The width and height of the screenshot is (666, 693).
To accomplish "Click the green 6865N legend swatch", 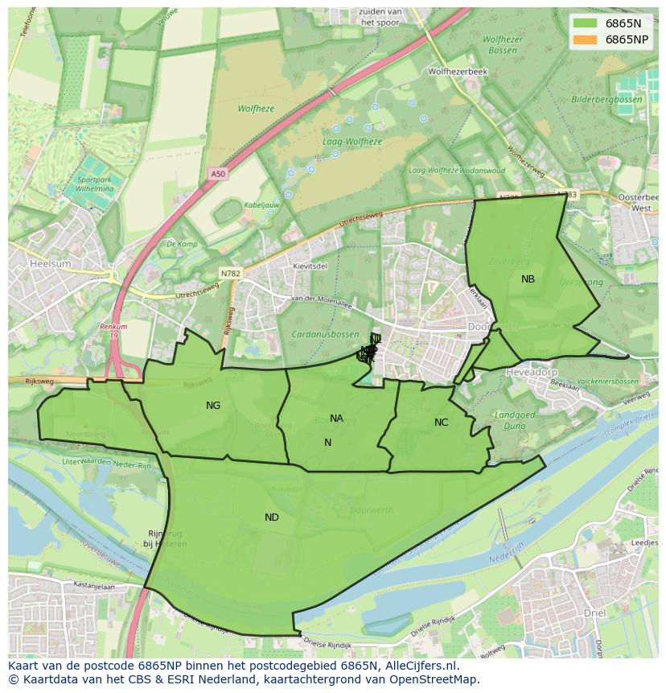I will [x=586, y=23].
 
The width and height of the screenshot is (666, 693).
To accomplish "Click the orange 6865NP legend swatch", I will [x=586, y=39].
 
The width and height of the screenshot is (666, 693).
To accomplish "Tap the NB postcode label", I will [x=528, y=279].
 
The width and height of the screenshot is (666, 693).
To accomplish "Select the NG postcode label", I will [x=213, y=406].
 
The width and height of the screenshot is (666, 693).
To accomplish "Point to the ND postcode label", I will [x=272, y=518].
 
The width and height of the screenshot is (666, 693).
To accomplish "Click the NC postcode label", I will [x=441, y=423].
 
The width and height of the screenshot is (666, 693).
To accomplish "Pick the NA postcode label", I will [x=336, y=419].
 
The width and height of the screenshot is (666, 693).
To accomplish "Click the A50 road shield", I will [x=219, y=174].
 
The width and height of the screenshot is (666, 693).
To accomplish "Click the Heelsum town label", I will [x=50, y=263].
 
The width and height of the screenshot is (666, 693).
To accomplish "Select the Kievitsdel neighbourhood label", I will [x=310, y=266].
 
